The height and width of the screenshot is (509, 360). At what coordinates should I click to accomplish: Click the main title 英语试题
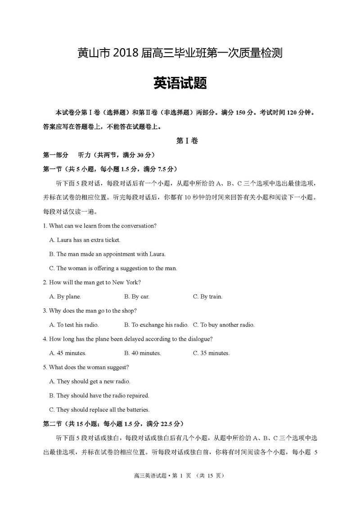tap(180, 83)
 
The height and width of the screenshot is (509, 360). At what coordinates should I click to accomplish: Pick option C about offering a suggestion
tap(113, 268)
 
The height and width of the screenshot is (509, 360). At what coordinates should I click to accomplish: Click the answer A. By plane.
tap(65, 297)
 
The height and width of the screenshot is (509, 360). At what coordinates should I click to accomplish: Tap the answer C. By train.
tap(207, 297)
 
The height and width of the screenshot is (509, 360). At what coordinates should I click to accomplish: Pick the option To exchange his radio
tap(156, 324)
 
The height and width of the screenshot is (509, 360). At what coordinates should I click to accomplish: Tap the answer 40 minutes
tap(142, 353)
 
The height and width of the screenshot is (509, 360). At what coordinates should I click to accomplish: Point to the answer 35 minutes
tap(211, 353)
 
